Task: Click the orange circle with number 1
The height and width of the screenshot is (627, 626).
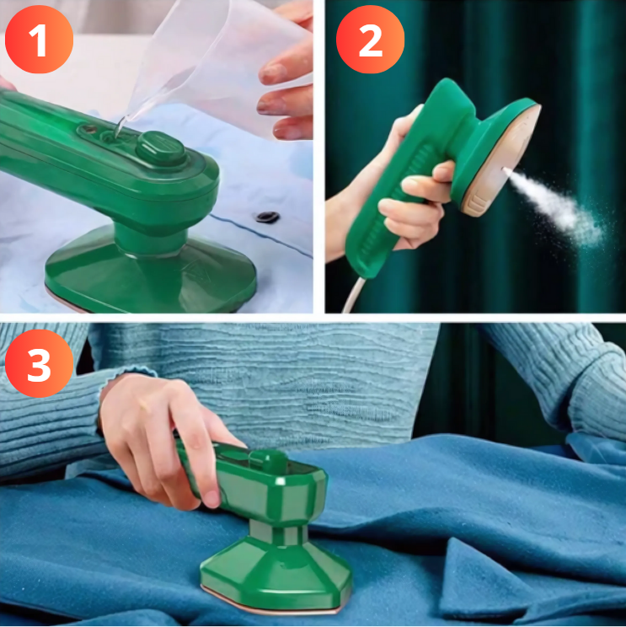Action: (x=39, y=39)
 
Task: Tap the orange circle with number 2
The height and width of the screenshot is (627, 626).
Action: (x=370, y=39)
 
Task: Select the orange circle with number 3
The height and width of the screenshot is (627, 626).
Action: (x=39, y=363)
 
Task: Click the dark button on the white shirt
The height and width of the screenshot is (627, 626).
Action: (x=267, y=217)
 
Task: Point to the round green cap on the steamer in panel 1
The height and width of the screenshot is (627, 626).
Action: (x=161, y=147)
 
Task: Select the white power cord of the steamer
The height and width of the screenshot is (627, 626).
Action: (x=352, y=295)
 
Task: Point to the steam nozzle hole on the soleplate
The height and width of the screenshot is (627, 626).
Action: (x=503, y=169)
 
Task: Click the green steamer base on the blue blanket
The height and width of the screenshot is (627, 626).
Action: (x=276, y=572)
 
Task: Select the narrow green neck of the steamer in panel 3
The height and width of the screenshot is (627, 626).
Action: (x=278, y=532)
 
